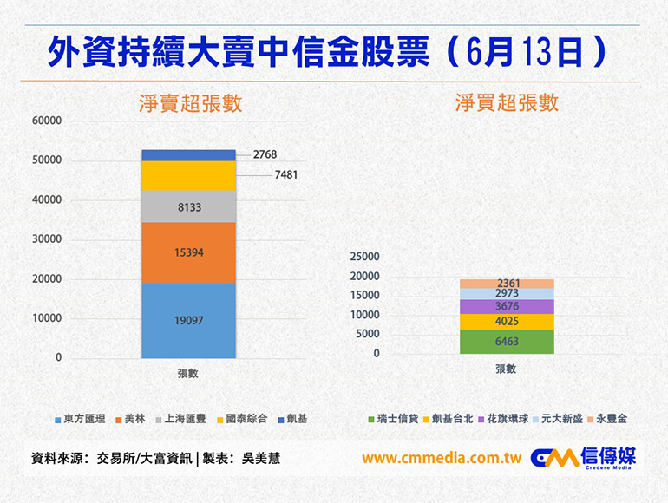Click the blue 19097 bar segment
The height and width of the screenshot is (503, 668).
coord(188,320)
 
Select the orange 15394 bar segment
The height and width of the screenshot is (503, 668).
coord(188,251)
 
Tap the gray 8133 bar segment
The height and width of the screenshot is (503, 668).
coord(188,206)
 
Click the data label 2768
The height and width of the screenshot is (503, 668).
coord(265,154)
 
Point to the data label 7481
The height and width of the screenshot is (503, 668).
coord(286,174)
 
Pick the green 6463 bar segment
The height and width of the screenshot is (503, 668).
coord(506,342)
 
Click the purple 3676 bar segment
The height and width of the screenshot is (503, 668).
coord(506,306)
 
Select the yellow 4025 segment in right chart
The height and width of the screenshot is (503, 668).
coord(506,321)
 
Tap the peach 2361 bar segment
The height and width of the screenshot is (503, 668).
coord(506,284)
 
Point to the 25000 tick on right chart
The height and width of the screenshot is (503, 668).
coord(364,257)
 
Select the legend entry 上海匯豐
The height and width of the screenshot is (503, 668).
coord(180,419)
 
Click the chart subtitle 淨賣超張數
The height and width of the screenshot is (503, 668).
coord(189,103)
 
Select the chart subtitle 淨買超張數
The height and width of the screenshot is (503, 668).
coord(507,102)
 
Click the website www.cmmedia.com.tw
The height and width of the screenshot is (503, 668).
coord(441,458)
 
